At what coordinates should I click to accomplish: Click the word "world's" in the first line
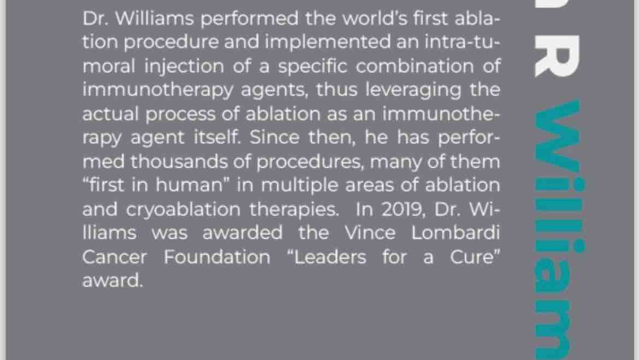(375, 19)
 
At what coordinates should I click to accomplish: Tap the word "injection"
(184, 67)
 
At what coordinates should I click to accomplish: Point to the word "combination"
(415, 66)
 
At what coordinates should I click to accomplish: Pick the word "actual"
(110, 114)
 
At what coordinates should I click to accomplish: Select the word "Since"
(275, 138)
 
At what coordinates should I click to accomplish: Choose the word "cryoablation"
(183, 210)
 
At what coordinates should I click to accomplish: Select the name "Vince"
(370, 233)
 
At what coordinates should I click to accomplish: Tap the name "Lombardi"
(455, 233)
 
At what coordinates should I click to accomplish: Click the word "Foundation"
(217, 257)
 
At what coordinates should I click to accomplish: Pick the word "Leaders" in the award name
(330, 257)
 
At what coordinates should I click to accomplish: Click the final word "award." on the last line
(113, 281)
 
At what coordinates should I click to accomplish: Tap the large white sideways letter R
(557, 56)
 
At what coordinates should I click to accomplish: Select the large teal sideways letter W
(557, 136)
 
